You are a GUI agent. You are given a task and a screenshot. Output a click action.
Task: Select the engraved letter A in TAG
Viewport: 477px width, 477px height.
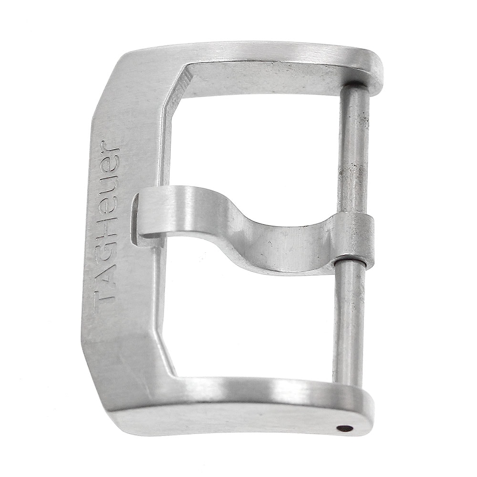click(x=104, y=274)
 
